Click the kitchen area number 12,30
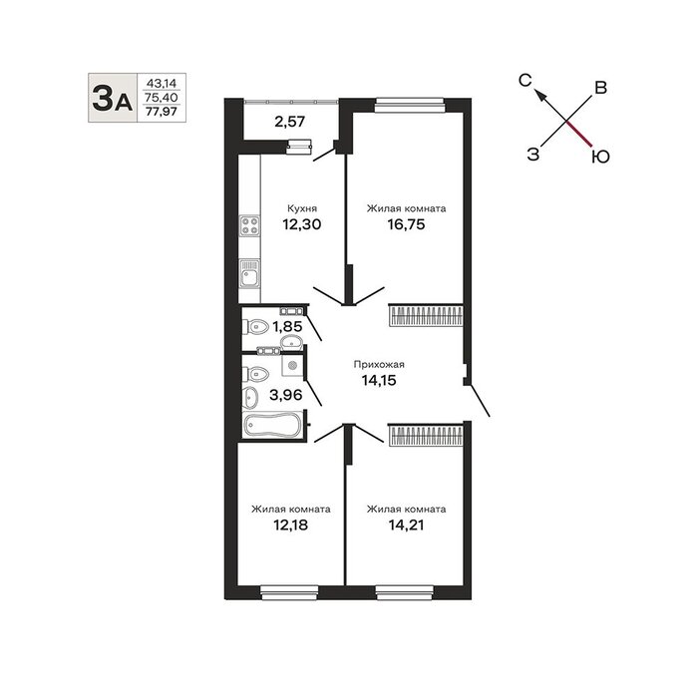pyautogui.click(x=301, y=224)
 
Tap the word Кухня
pyautogui.click(x=302, y=208)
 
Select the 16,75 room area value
pyautogui.click(x=406, y=224)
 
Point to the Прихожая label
pyautogui.click(x=379, y=365)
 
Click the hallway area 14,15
pyautogui.click(x=379, y=381)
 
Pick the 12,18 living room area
pyautogui.click(x=290, y=525)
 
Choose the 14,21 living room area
pyautogui.click(x=406, y=525)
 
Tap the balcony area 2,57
pyautogui.click(x=289, y=121)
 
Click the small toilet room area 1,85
pyautogui.click(x=287, y=327)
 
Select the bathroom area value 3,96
pyautogui.click(x=286, y=395)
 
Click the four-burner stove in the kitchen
pyautogui.click(x=249, y=225)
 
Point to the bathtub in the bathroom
pyautogui.click(x=271, y=425)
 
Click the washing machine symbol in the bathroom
pyautogui.click(x=292, y=365)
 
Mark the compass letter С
pyautogui.click(x=525, y=80)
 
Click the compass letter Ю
pyautogui.click(x=600, y=157)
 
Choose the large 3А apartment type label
pyautogui.click(x=112, y=98)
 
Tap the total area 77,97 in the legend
pyautogui.click(x=162, y=112)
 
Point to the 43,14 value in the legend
pyautogui.click(x=162, y=83)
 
